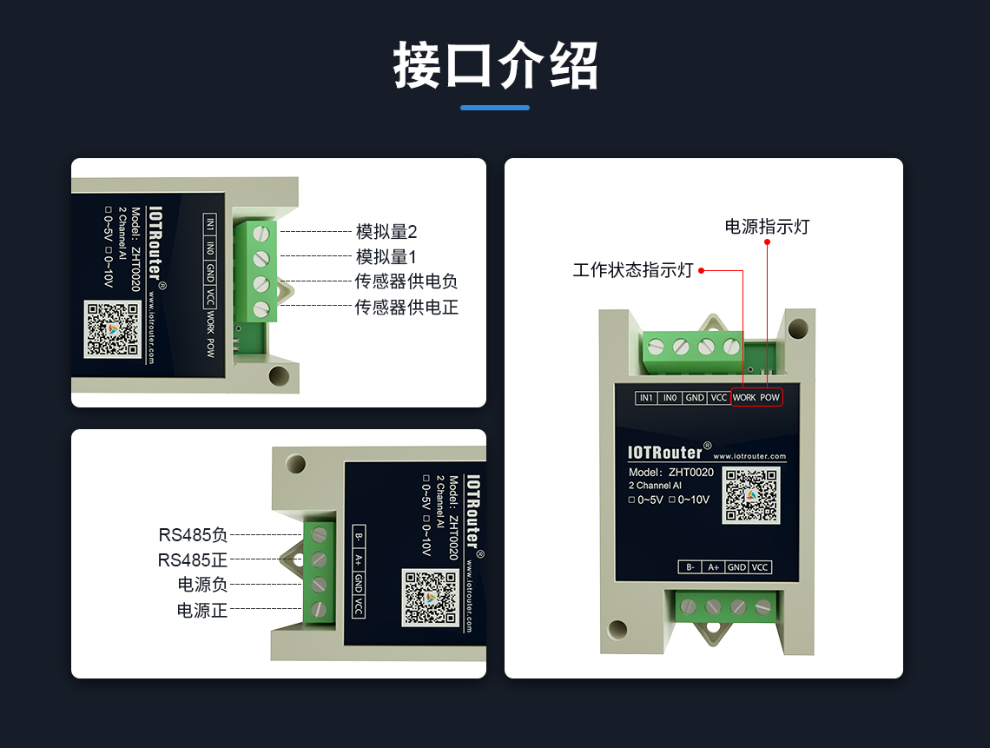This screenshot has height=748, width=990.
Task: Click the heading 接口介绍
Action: pos(495,65)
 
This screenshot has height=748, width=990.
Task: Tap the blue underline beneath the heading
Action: pos(495,108)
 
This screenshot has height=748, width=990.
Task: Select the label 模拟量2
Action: pos(386,232)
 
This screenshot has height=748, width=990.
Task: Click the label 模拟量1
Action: pos(386,257)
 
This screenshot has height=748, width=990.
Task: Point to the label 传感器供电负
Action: pos(406,281)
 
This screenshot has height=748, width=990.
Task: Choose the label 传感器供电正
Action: pos(406,307)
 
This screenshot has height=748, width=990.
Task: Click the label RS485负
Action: pos(193,535)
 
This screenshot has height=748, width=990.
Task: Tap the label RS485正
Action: pos(193,560)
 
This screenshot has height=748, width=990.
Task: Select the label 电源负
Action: pos(202,585)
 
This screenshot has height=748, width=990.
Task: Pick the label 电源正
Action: pos(202,610)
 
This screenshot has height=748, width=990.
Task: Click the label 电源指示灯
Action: pos(767,226)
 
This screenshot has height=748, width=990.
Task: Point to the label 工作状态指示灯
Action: pos(633,270)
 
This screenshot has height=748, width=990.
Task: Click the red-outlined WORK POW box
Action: pos(757,397)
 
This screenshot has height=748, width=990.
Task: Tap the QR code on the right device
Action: pos(751,495)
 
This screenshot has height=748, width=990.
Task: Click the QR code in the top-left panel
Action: pos(112,329)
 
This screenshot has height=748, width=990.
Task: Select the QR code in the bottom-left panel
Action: pos(431,599)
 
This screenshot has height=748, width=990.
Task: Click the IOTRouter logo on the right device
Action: pos(664,453)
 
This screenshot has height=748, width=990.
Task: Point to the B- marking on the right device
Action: pos(690,567)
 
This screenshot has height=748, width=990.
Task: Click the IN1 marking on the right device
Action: pos(646,397)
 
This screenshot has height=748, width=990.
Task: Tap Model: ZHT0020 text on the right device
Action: pos(670,472)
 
